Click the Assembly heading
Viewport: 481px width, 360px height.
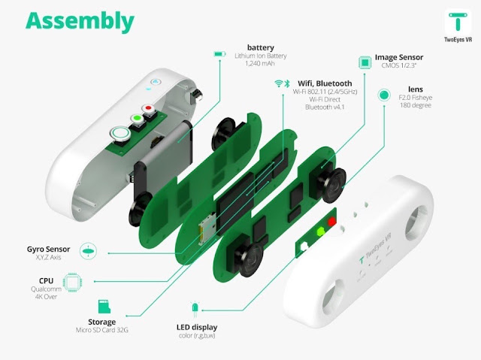[x=80, y=22]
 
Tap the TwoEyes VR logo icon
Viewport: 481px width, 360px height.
[x=458, y=22]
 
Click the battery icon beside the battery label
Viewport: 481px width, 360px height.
[x=219, y=54]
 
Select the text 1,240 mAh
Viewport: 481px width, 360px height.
[x=260, y=63]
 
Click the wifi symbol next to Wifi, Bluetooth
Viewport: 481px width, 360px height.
[x=279, y=83]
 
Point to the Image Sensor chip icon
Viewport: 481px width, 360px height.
[x=365, y=62]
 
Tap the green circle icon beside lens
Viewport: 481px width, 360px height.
[x=384, y=95]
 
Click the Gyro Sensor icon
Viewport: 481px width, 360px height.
[x=88, y=251]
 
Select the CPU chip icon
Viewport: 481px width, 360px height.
[x=72, y=282]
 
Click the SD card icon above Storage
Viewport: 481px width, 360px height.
[x=104, y=307]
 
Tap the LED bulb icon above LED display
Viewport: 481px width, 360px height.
[x=195, y=310]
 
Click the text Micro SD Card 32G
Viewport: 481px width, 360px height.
[x=102, y=330]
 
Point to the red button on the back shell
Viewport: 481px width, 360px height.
[x=148, y=108]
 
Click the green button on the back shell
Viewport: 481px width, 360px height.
[x=137, y=118]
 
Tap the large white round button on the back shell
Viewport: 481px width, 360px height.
[x=120, y=134]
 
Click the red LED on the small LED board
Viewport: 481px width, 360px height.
[x=331, y=221]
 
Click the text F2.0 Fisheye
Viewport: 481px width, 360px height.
[x=416, y=98]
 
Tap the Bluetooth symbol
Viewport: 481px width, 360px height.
[x=287, y=83]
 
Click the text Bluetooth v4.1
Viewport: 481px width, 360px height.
[x=325, y=107]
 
